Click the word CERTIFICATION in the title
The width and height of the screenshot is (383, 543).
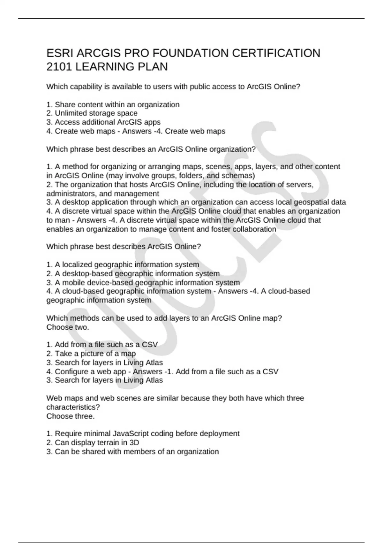point(276,53)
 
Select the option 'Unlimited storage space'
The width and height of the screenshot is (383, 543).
point(92,113)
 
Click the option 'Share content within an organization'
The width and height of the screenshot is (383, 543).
point(113,104)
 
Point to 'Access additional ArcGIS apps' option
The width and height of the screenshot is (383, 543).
point(103,122)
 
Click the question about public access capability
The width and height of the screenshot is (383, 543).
point(173,87)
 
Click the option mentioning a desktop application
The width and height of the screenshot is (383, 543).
point(196,202)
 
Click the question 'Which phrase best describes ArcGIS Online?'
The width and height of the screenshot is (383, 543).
point(124,247)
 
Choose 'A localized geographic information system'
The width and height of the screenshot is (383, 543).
point(123,264)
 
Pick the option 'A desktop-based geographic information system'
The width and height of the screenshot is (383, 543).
point(133,273)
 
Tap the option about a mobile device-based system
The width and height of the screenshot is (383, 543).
point(143,283)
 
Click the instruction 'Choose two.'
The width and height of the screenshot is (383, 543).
point(68,327)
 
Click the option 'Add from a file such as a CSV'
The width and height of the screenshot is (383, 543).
point(102,345)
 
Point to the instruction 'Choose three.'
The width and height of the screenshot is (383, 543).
point(71,416)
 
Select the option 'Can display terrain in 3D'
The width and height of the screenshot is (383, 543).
point(93,442)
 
